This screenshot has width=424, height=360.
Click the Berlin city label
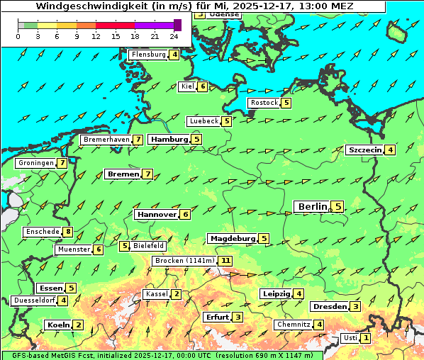[313, 207]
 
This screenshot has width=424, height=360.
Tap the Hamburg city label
[169, 140]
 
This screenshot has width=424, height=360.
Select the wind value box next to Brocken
[225, 261]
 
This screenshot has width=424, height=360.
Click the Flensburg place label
[148, 55]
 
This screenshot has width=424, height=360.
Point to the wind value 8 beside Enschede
[68, 232]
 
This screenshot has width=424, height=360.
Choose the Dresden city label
[329, 307]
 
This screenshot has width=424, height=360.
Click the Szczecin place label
[364, 150]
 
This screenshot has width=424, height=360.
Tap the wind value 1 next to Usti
[366, 338]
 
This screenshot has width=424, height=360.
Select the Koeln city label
[58, 325]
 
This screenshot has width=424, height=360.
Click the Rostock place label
[264, 103]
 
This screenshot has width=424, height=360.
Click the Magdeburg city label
[233, 239]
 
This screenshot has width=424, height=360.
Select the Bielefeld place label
[149, 246]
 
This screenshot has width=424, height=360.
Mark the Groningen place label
[36, 163]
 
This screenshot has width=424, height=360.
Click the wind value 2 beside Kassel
[177, 294]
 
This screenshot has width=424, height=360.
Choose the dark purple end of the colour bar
[177, 25]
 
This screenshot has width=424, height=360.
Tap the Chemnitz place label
[294, 325]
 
